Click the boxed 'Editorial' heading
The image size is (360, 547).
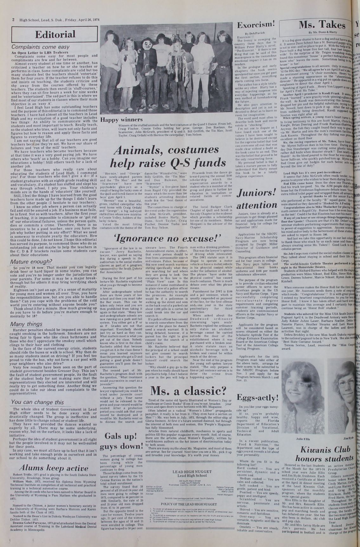coord(55,35)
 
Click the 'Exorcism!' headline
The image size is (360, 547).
coord(256,25)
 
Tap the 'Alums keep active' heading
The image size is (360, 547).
coord(54,468)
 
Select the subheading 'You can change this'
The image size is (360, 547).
coord(37,402)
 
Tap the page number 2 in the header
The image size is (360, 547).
coord(13,19)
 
